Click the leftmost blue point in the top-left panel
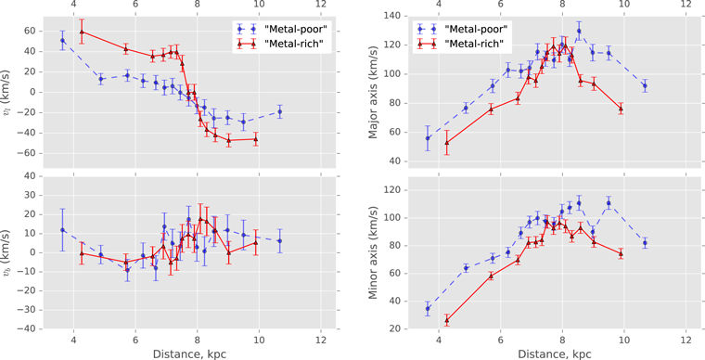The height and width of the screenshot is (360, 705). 62,41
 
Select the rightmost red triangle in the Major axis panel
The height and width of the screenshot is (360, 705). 621,109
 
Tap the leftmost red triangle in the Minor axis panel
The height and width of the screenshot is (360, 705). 446,320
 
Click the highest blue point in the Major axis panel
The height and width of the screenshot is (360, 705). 579,31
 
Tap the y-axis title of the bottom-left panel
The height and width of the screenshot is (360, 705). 8,251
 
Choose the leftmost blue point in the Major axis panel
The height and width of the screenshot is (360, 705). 428,138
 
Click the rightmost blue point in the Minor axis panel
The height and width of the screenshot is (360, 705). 645,243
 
